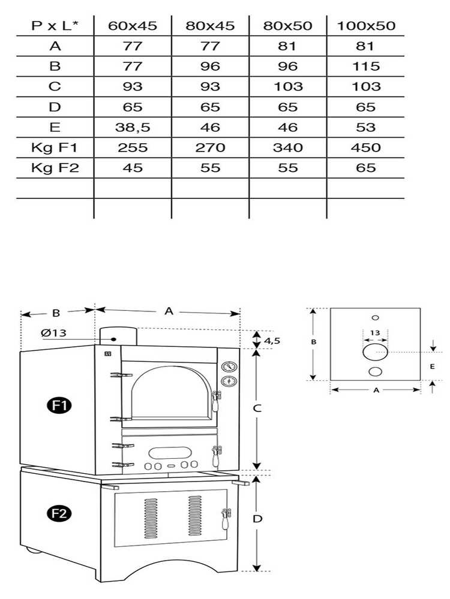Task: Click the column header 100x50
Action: [366, 26]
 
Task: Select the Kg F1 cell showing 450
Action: [366, 147]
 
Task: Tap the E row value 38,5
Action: [133, 127]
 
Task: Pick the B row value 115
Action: [366, 66]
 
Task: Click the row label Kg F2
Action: [55, 168]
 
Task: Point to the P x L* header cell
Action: [55, 26]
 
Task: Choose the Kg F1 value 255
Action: [133, 147]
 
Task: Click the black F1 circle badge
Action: [58, 406]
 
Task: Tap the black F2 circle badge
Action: [58, 513]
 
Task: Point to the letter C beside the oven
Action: [256, 409]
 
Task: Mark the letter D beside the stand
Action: [257, 519]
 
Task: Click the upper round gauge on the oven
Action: [228, 367]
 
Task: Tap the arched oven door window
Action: [170, 395]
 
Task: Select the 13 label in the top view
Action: [375, 332]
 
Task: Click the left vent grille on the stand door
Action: [150, 516]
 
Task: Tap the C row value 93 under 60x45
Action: [133, 86]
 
